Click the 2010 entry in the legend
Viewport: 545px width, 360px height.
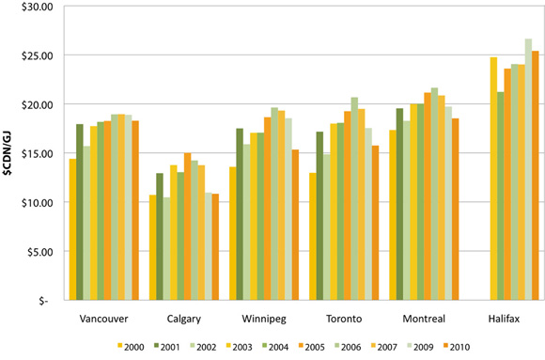(x=449, y=348)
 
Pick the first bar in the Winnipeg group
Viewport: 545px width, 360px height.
(x=232, y=234)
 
